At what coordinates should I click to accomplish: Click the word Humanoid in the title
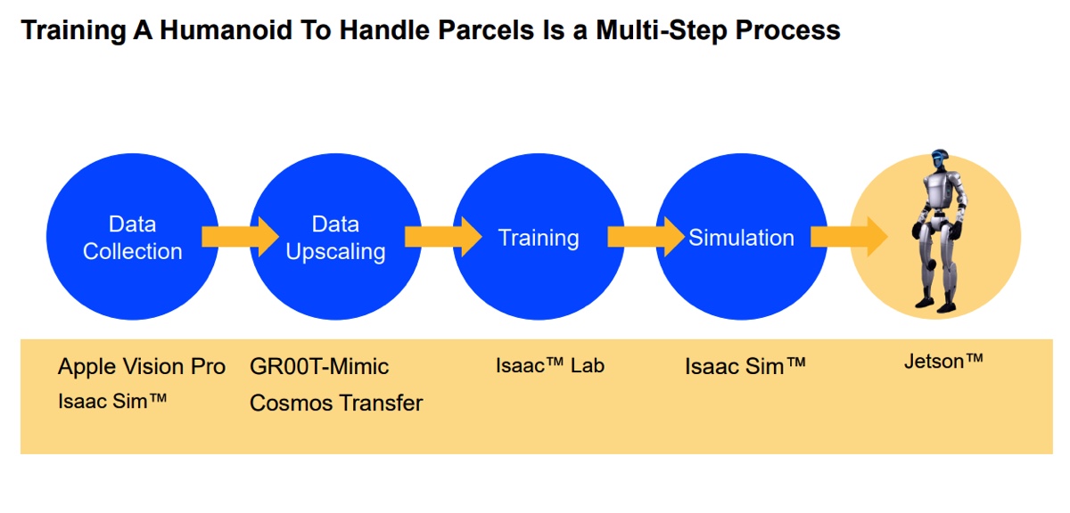226,30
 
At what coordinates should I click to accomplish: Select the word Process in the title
787,30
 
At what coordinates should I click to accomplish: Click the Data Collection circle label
132,238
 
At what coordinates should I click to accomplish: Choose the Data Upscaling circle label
335,238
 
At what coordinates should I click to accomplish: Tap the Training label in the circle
539,238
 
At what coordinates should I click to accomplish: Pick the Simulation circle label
741,238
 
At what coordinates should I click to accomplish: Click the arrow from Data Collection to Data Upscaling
240,237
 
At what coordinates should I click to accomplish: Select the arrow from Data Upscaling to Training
443,237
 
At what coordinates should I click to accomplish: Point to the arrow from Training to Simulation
646,237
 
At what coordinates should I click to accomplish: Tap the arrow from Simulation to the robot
849,237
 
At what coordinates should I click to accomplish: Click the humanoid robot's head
940,160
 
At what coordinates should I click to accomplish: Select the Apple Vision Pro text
142,367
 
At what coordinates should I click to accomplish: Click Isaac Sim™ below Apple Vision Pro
112,401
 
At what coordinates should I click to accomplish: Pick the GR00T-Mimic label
319,367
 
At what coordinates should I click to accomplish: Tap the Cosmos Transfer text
336,403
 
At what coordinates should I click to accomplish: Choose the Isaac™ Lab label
550,365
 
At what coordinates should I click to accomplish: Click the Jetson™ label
943,362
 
